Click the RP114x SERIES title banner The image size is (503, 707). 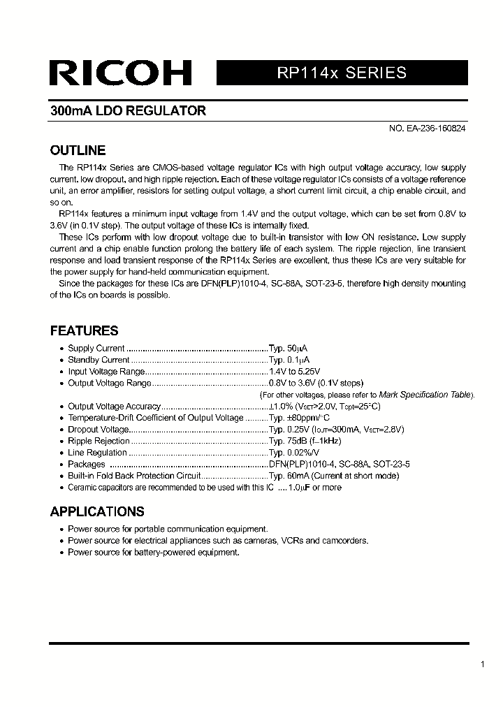342,73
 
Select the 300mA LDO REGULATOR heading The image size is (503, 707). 128,111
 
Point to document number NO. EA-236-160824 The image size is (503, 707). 427,129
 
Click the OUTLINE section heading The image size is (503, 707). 78,150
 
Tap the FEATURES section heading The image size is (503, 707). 84,330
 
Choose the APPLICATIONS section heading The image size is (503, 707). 97,511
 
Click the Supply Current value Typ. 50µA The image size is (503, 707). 289,349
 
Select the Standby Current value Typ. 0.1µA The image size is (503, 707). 289,360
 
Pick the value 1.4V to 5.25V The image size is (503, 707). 295,372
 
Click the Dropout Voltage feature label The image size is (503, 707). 99,430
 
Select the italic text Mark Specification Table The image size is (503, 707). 425,395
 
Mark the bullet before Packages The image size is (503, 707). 61,465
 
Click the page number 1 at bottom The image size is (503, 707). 483,664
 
